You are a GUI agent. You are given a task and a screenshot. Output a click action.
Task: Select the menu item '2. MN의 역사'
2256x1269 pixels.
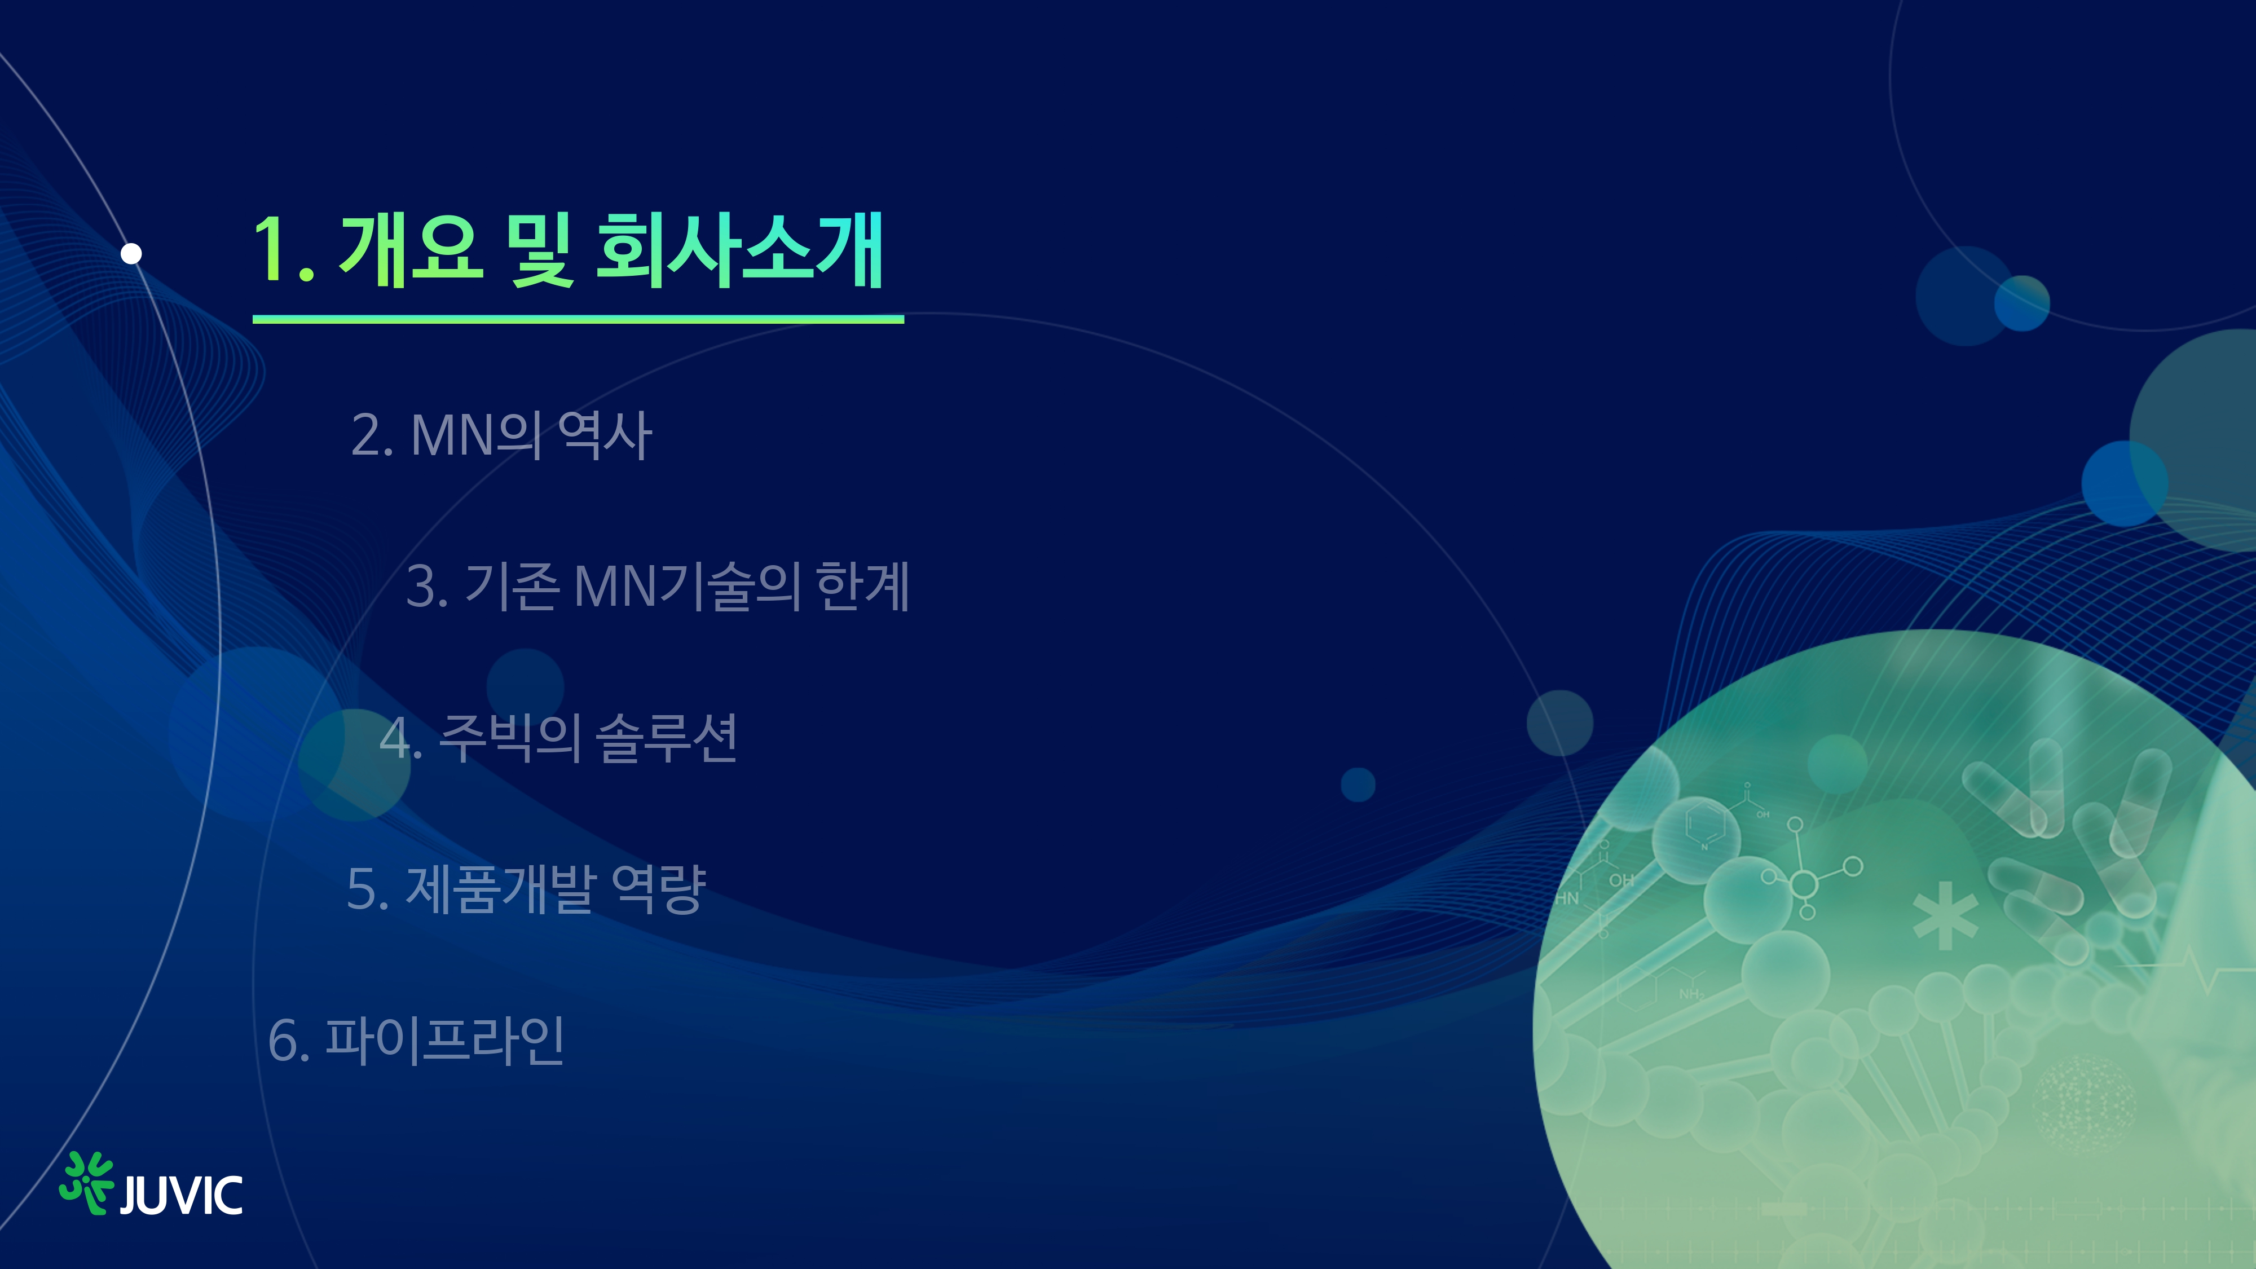pos(501,435)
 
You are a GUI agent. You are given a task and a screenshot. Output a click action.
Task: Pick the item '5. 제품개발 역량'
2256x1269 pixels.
pos(526,889)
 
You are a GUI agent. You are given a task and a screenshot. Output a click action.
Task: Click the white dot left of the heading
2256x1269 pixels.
pos(131,253)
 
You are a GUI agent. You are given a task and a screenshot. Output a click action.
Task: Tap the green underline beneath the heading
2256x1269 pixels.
pos(578,320)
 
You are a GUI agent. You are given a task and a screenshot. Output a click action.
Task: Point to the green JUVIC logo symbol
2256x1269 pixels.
pos(86,1182)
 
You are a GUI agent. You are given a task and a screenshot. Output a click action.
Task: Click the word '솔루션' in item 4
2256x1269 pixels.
pos(667,737)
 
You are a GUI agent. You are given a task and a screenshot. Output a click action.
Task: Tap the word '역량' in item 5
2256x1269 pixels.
pos(659,889)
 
